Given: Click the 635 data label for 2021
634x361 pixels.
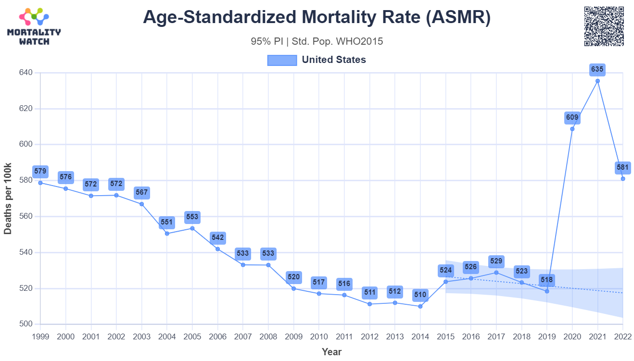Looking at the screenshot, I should click(597, 70).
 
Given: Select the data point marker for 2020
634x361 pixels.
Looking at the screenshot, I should click(572, 129).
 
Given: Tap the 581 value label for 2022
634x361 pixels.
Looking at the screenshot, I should click(622, 168).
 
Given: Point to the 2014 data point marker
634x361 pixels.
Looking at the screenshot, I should click(420, 306).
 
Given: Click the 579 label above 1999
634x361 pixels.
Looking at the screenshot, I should click(40, 171).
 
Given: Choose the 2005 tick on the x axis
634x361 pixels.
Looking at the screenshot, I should click(192, 336).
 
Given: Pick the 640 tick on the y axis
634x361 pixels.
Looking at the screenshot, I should click(25, 73).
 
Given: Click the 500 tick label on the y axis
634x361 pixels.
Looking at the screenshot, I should click(25, 324).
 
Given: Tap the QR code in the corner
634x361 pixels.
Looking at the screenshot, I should click(604, 26).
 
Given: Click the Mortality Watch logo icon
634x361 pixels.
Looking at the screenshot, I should click(34, 17).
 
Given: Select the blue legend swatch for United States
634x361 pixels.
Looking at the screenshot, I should click(282, 60).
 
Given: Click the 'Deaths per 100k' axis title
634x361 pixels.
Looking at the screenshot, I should click(8, 199).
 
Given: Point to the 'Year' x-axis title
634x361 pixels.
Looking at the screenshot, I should click(331, 352).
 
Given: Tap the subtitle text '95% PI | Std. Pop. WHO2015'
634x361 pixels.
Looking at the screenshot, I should click(317, 41).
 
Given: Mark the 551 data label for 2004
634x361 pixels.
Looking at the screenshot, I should click(167, 223).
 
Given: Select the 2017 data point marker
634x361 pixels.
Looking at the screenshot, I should click(496, 273).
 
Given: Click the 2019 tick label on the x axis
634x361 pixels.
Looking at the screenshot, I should click(547, 336).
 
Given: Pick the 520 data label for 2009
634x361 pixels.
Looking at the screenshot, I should click(293, 277).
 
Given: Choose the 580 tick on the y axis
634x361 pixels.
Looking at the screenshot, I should click(25, 181).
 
